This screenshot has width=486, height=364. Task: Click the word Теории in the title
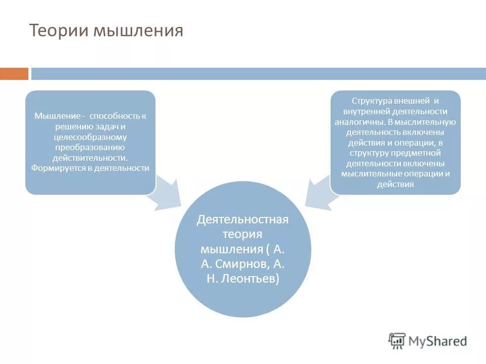click(59, 31)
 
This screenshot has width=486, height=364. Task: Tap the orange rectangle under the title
click(14, 74)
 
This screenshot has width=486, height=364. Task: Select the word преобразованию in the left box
click(90, 147)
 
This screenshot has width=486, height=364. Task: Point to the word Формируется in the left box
click(54, 168)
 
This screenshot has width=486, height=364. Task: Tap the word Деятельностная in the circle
click(242, 220)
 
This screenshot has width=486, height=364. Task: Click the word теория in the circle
click(242, 235)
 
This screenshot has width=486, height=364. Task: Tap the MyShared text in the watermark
click(437, 341)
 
